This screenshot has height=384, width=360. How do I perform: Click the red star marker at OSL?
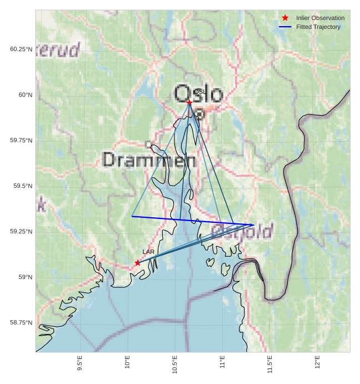pos(189,102)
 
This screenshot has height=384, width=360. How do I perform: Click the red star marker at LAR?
pos(137,263)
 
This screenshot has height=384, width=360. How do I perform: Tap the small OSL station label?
pos(199,92)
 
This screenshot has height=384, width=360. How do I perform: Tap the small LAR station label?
pos(148,252)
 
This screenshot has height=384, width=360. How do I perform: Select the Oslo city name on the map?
pos(198,94)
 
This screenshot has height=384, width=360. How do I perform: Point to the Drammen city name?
pos(149,161)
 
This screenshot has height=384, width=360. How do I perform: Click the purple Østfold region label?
pos(242,231)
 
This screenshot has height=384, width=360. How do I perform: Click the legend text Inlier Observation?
pos(320,18)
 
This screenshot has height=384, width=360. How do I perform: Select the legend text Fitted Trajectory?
pos(318,27)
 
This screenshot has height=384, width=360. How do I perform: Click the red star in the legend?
pos(286,18)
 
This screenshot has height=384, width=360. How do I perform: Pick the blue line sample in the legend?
pos(286,27)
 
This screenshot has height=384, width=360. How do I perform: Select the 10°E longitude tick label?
pos(128,363)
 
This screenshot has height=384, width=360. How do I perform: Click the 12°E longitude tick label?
pos(318,363)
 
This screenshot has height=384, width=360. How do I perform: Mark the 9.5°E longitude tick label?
pos(80,365)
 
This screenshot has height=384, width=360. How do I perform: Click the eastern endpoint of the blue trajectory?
pos(254,225)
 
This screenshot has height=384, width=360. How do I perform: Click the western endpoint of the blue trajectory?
pos(132,216)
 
